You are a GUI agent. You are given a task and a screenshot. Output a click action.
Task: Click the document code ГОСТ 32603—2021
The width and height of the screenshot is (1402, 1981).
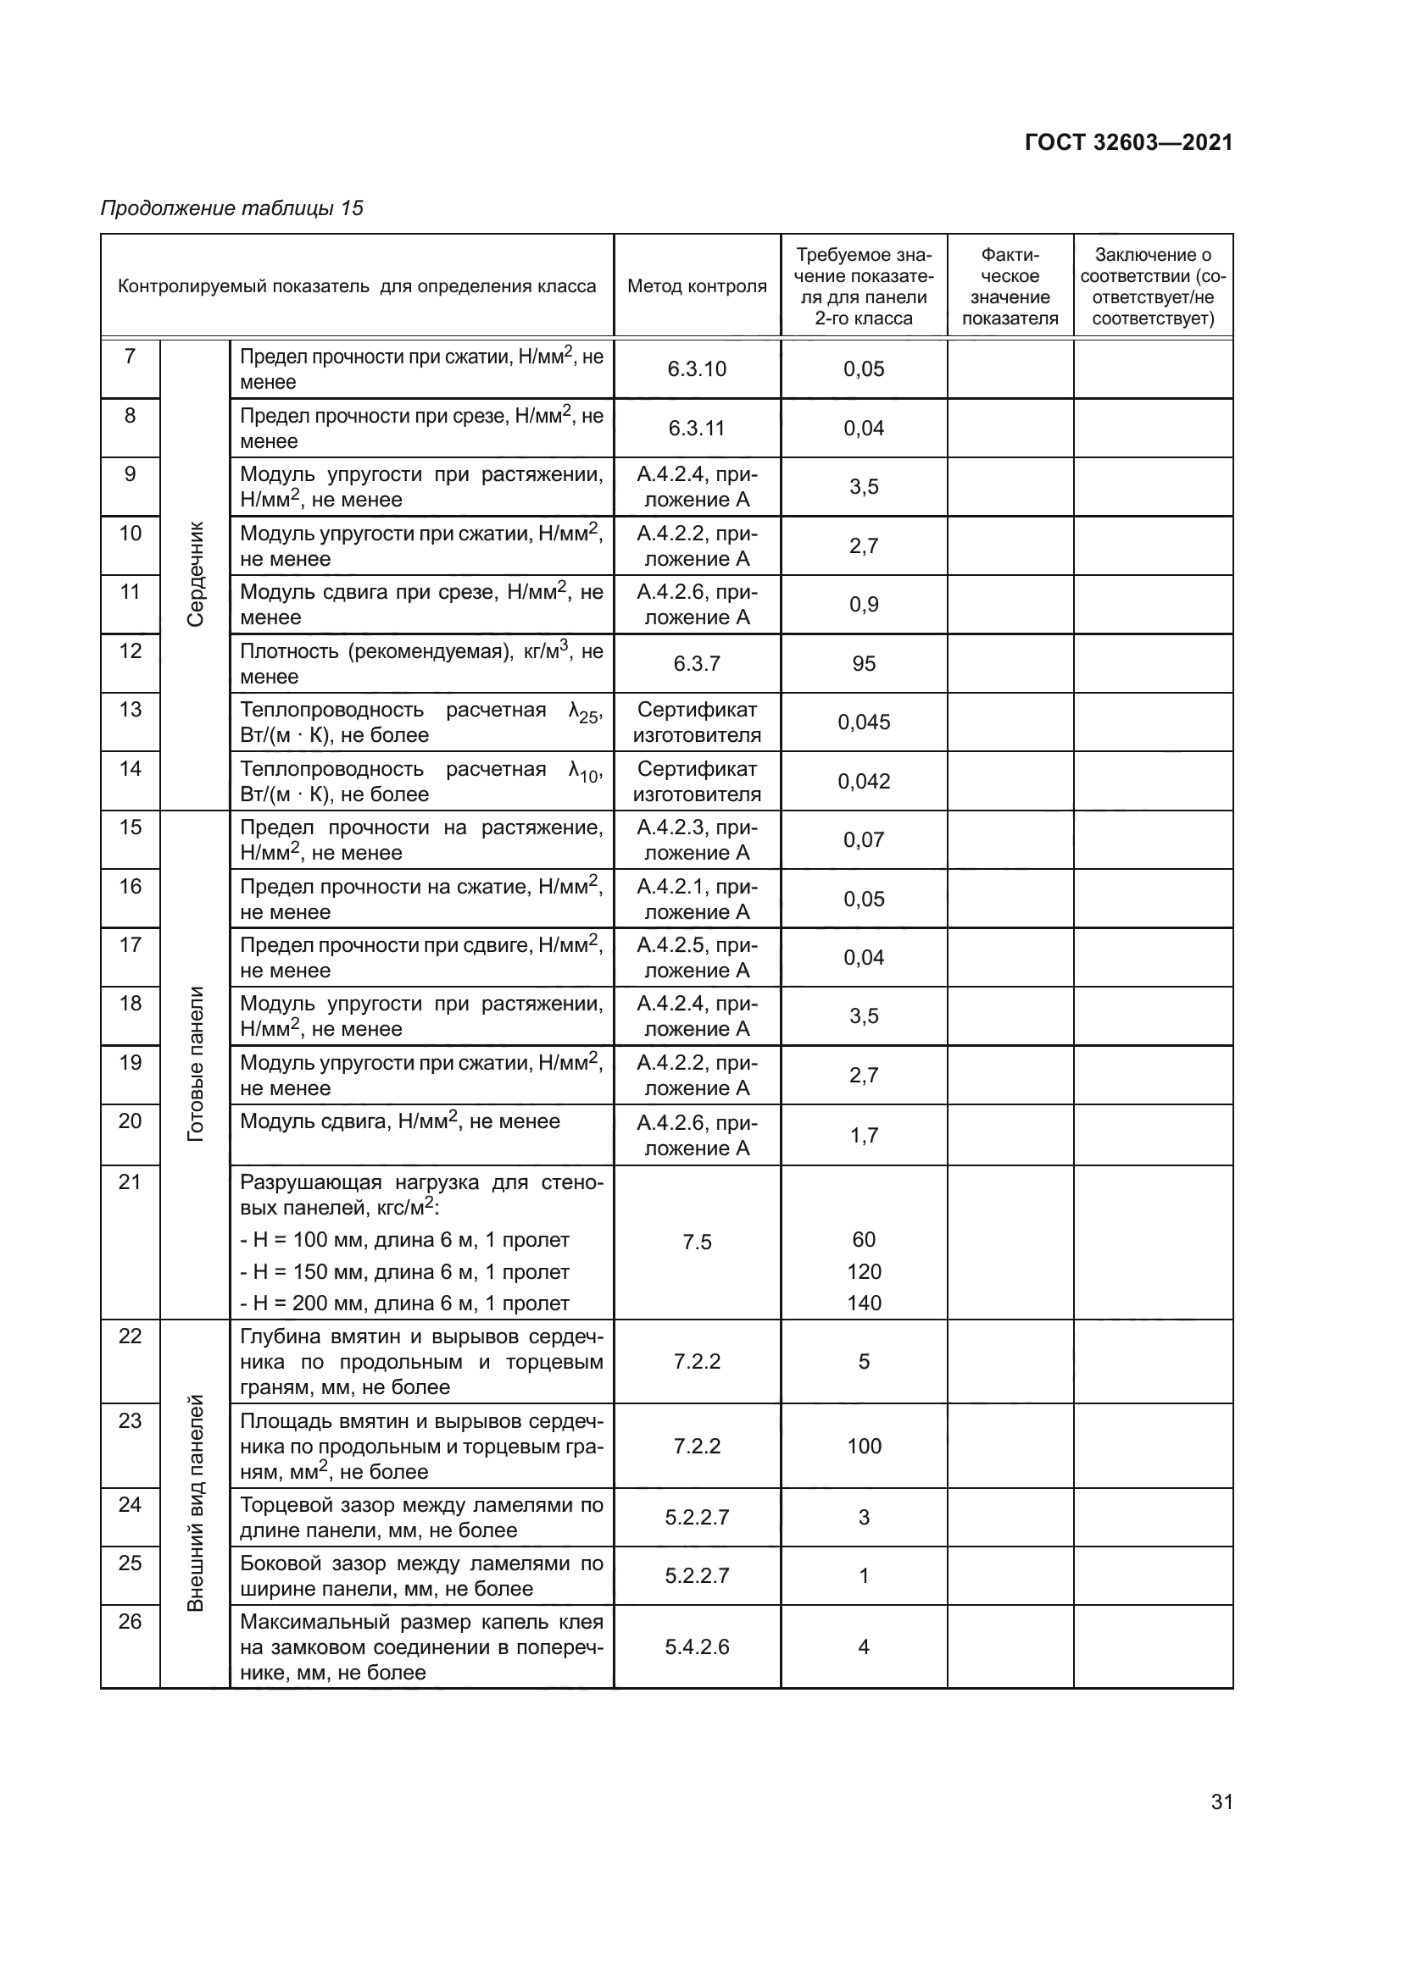click(1128, 142)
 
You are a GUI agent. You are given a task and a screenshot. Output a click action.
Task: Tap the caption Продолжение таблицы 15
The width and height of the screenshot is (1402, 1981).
click(231, 208)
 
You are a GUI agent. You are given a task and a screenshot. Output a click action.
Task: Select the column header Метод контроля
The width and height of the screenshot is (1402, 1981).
click(697, 286)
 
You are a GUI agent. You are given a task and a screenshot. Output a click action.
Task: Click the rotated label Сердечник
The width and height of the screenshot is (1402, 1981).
click(196, 573)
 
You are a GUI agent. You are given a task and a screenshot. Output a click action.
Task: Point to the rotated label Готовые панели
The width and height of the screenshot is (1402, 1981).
click(196, 1064)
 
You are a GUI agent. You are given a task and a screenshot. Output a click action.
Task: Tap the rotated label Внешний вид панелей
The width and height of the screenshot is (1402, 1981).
click(196, 1502)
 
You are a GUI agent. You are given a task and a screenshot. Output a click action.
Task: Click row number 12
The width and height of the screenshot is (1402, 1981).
click(131, 650)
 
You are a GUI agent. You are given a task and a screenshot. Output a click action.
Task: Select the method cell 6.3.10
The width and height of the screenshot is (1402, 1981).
click(697, 369)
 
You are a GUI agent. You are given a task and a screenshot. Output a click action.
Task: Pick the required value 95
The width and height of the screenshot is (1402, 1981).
click(863, 663)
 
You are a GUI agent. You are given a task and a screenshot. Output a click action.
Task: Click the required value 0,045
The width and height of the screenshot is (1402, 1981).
click(863, 722)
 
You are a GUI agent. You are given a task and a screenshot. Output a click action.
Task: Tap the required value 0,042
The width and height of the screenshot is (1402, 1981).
click(863, 781)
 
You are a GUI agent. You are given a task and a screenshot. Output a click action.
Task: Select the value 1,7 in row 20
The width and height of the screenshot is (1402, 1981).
click(863, 1136)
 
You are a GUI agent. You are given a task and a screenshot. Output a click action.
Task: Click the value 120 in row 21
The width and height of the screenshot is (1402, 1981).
click(863, 1272)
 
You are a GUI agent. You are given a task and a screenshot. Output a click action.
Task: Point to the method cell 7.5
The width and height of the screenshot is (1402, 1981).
click(697, 1242)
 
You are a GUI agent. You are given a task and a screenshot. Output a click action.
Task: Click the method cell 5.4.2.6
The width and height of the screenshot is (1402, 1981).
click(697, 1647)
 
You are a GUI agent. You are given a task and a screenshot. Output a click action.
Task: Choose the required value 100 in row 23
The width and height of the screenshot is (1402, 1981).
click(863, 1446)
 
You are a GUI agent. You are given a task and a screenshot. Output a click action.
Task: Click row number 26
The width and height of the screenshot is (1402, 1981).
click(131, 1621)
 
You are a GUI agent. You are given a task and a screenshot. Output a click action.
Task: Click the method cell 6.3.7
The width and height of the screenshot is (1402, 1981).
click(697, 663)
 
